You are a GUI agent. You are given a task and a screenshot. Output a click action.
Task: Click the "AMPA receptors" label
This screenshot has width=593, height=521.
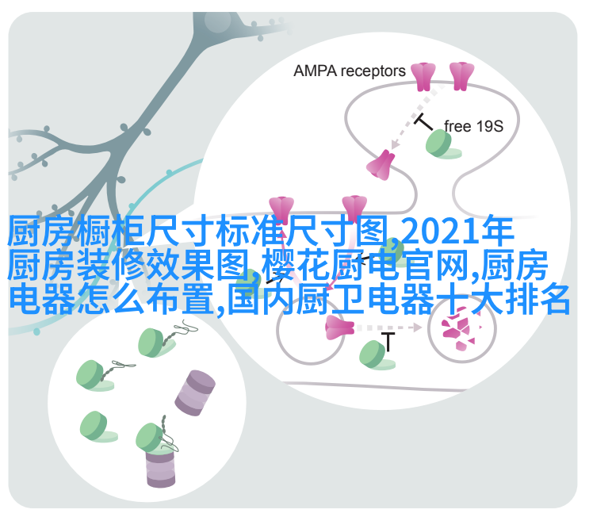(350, 71)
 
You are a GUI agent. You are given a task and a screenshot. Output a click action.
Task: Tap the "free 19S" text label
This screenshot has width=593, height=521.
(473, 126)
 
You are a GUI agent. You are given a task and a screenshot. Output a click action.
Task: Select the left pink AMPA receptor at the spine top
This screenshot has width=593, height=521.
(423, 77)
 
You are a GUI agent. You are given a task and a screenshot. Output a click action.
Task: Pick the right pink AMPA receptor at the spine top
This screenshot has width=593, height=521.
(461, 76)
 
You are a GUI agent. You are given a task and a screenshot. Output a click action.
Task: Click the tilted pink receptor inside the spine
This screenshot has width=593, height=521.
(381, 165)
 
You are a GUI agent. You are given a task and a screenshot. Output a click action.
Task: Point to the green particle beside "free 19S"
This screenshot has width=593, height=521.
(442, 144)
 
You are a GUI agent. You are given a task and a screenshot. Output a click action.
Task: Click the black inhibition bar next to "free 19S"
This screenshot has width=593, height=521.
(423, 122)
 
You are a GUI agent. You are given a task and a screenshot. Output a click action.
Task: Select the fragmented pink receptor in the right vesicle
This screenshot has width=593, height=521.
(459, 328)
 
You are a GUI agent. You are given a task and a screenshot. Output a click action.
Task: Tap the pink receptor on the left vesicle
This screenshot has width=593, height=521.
(339, 328)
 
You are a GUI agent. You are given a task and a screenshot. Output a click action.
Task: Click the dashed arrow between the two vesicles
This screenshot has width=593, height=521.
(389, 328)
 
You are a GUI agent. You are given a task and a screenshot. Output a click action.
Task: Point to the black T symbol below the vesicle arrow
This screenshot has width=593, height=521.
(388, 342)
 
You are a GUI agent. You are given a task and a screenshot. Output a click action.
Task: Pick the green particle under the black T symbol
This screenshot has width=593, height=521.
(376, 355)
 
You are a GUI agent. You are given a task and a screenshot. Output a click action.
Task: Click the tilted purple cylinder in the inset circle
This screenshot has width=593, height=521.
(195, 393)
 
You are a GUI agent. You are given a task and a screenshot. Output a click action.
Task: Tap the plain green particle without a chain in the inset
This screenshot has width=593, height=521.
(98, 427)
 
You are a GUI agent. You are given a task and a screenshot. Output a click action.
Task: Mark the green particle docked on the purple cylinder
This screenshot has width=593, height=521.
(152, 439)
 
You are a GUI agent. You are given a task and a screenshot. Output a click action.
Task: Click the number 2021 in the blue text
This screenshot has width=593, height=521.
(440, 231)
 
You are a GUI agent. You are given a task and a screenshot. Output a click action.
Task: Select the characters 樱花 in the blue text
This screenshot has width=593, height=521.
(296, 265)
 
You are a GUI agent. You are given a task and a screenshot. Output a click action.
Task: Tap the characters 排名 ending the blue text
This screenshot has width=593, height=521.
(538, 299)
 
